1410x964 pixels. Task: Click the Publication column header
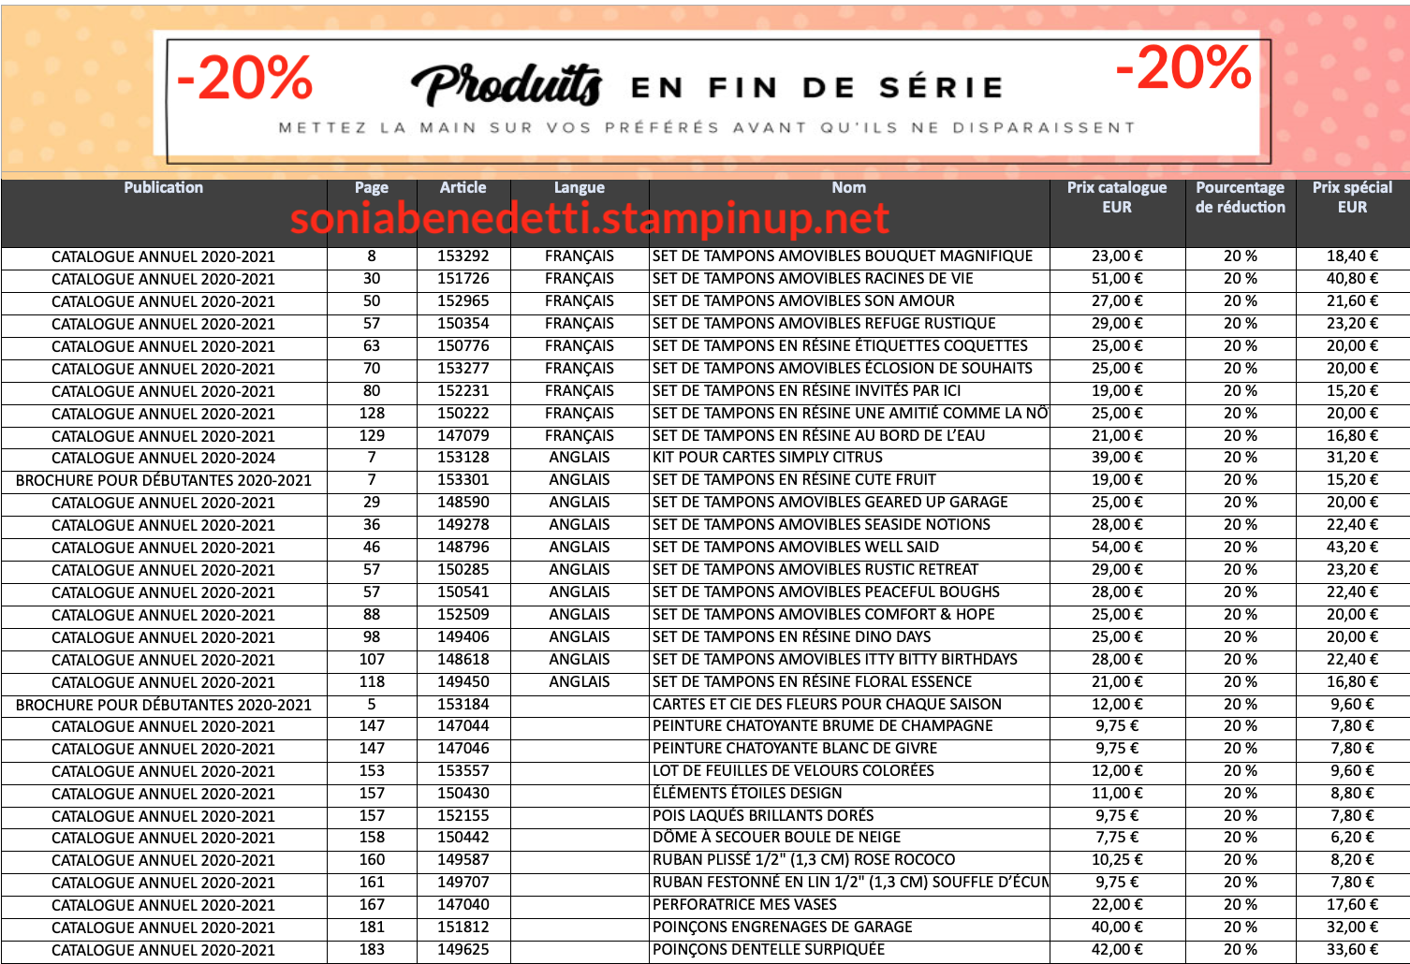click(x=163, y=188)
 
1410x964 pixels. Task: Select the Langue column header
click(x=579, y=188)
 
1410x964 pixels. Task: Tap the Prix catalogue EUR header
click(x=1117, y=197)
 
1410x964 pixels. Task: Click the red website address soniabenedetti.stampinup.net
click(x=589, y=219)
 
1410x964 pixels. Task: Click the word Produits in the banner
click(x=507, y=85)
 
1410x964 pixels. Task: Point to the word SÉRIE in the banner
click(x=941, y=88)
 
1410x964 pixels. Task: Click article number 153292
click(x=463, y=256)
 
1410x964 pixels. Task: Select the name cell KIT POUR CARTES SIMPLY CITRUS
click(x=768, y=458)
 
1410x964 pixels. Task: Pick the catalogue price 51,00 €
click(x=1117, y=279)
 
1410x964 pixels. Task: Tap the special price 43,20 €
click(x=1352, y=548)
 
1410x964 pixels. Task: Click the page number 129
click(x=372, y=436)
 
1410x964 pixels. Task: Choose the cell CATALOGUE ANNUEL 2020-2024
click(x=163, y=459)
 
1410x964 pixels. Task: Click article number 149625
click(x=463, y=950)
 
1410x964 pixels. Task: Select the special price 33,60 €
click(x=1352, y=950)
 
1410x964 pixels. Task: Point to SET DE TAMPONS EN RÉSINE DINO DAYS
click(x=792, y=637)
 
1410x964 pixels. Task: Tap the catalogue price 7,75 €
click(x=1117, y=838)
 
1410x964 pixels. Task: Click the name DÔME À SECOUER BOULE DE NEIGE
click(x=776, y=838)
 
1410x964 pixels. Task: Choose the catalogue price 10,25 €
click(x=1117, y=860)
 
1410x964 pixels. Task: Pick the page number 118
click(x=372, y=682)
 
